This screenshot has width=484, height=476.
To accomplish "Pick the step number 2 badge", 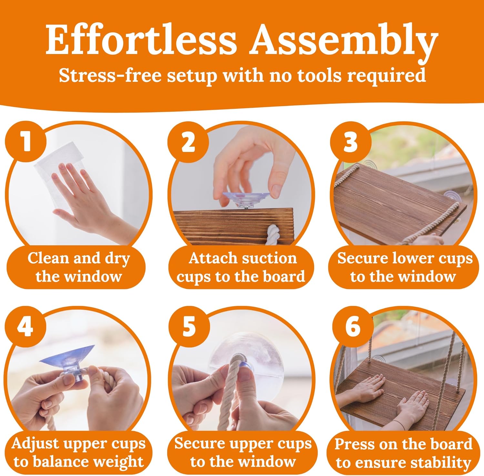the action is [188, 142].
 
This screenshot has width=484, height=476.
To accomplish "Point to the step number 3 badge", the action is [350, 142].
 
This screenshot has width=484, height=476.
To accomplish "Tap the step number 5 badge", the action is [188, 327].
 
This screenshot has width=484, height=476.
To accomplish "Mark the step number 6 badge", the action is [352, 327].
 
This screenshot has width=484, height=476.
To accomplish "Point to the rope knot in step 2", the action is [274, 234].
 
